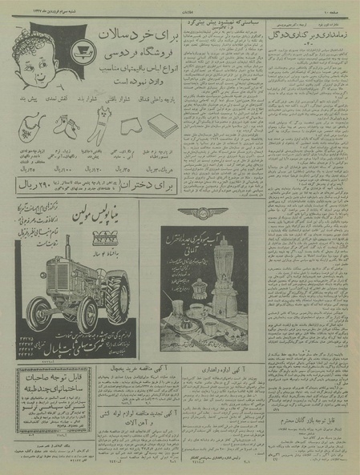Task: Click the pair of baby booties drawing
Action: pos(66,126)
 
